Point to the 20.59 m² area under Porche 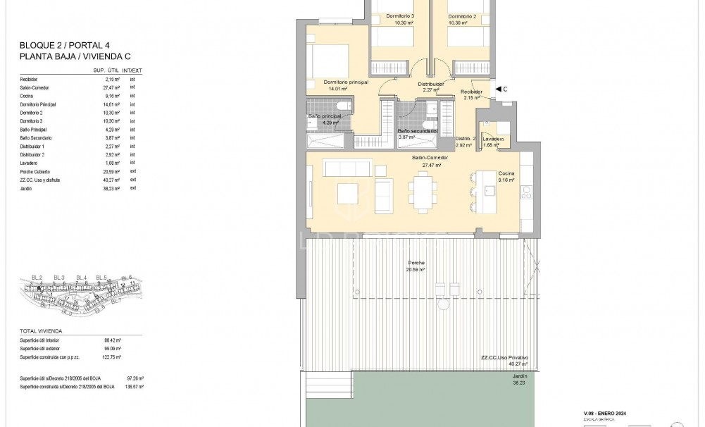pos(416,270)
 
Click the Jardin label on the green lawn pos(519,376)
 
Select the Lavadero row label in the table pos(30,163)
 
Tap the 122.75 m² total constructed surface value pos(113,357)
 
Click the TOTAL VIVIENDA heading pos(41,330)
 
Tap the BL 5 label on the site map pos(101,278)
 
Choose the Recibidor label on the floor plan pos(471,92)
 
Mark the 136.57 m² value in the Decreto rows pos(134,387)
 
